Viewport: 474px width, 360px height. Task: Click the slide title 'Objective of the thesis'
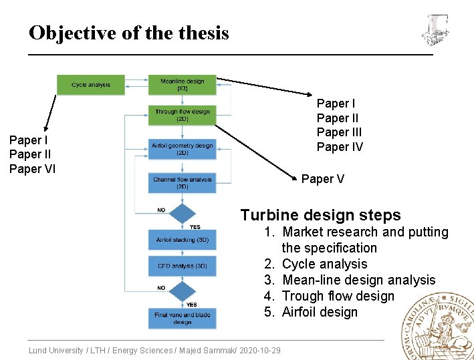click(129, 33)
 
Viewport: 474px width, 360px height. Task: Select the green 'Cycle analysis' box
click(91, 85)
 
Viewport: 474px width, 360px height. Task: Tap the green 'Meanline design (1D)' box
click(183, 85)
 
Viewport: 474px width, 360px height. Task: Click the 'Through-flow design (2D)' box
click(183, 116)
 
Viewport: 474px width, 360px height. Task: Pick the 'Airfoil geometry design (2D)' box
click(183, 149)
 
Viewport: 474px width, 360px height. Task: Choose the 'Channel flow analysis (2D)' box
click(183, 183)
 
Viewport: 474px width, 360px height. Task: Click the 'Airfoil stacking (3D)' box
click(183, 239)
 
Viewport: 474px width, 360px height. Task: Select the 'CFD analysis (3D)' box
click(183, 266)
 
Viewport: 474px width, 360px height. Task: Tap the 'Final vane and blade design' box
click(183, 318)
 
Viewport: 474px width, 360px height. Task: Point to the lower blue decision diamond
click(182, 291)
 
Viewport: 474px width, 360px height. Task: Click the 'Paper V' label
click(323, 179)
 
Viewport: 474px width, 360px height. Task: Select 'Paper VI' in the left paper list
click(32, 169)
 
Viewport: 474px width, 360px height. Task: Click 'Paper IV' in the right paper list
click(340, 147)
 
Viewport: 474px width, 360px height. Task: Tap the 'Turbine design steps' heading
click(320, 215)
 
